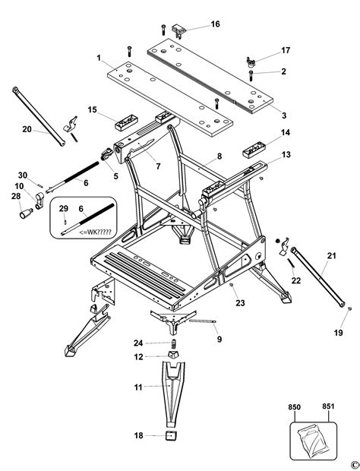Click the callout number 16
(216, 24)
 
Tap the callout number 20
(27, 129)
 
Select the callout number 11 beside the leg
(138, 387)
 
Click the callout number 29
(64, 208)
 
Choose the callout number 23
(240, 302)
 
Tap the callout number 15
(92, 110)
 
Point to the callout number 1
(98, 58)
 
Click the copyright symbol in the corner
(352, 464)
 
